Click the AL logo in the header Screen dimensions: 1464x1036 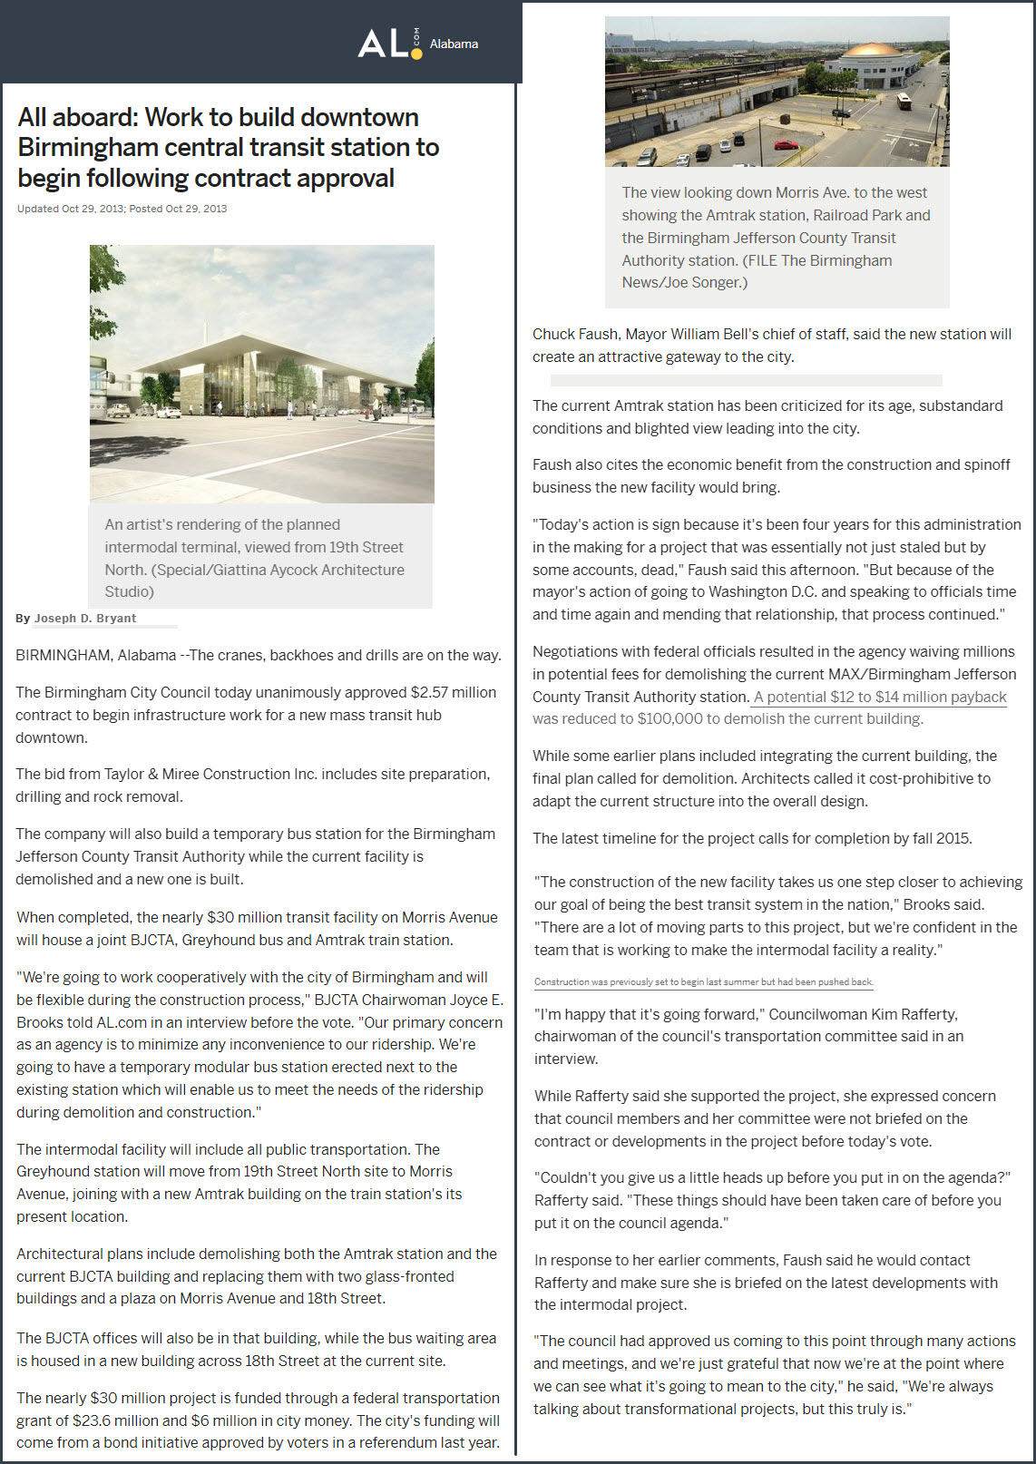(389, 43)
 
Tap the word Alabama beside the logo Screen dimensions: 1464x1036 (454, 44)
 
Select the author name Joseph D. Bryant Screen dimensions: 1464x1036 (85, 619)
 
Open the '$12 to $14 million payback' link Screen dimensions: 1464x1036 (880, 697)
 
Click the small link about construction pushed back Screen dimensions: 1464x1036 (703, 981)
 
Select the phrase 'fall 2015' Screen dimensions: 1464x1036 (941, 838)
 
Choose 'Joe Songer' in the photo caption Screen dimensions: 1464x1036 (705, 282)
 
